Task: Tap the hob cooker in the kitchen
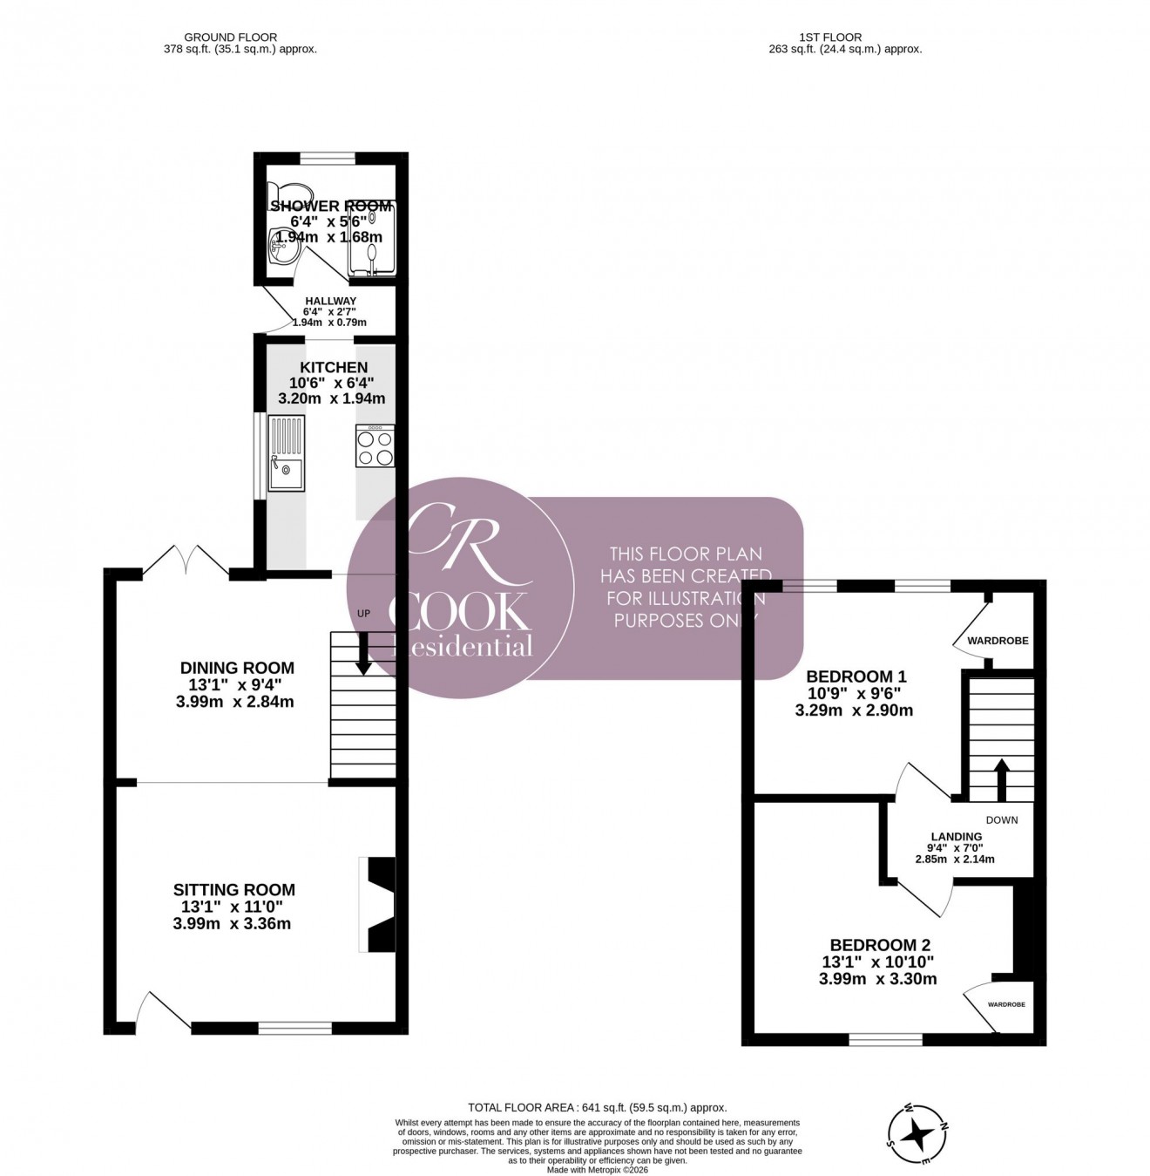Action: (375, 446)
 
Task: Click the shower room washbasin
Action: (282, 248)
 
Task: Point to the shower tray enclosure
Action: (372, 238)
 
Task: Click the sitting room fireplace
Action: (378, 906)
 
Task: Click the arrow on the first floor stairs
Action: (1001, 778)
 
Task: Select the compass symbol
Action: (917, 1134)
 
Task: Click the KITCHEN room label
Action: (334, 367)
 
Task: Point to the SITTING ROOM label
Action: (233, 889)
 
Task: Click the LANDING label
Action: (956, 836)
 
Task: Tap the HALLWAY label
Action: (330, 301)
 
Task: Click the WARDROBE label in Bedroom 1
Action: (998, 641)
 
